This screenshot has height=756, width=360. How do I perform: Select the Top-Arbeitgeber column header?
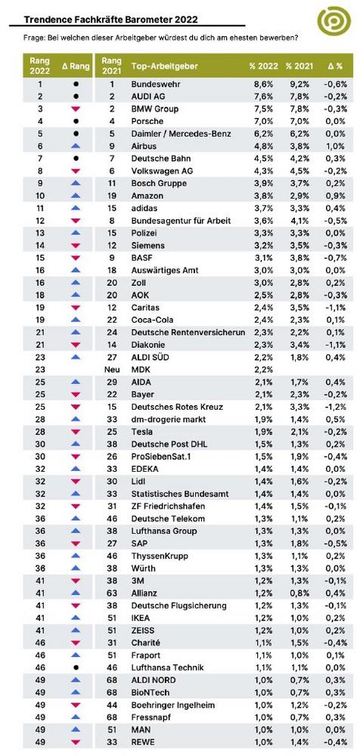pos(165,66)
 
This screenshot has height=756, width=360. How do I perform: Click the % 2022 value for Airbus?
pos(265,146)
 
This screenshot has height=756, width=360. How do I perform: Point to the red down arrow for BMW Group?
pos(76,108)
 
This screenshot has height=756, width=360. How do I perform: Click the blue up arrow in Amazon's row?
pos(76,195)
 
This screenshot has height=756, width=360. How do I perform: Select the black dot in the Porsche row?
pos(76,121)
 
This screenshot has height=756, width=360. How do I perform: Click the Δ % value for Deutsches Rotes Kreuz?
pos(335,407)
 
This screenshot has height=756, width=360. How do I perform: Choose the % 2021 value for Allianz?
pos(295,593)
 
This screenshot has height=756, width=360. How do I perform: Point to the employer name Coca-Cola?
pos(152,320)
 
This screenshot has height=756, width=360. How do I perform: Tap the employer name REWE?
pos(142,742)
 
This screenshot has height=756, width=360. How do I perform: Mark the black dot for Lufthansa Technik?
pos(76,668)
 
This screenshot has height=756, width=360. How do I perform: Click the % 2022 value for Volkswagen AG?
pos(265,171)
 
